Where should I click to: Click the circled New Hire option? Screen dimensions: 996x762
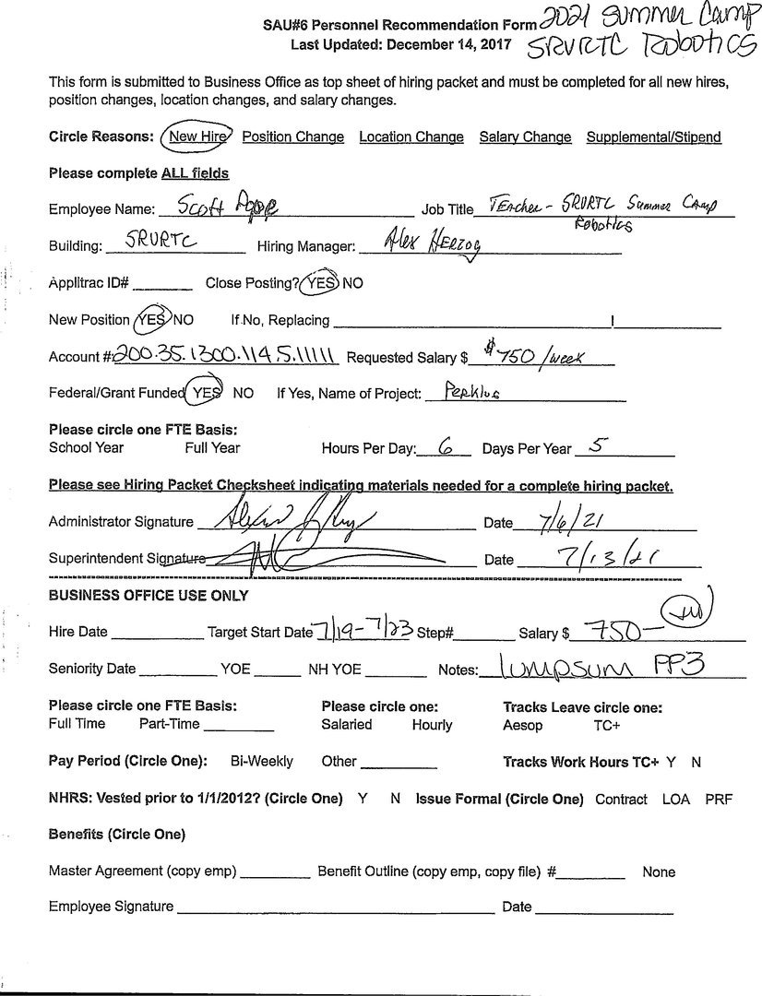196,136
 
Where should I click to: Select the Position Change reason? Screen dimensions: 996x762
292,136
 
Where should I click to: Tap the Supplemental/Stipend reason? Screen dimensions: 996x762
653,136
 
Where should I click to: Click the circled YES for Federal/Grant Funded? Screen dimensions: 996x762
206,393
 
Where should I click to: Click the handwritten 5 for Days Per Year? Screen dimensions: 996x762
595,446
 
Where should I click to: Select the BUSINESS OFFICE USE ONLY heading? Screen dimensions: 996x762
148,596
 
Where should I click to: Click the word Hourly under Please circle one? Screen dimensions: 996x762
432,725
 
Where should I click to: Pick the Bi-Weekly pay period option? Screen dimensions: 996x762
261,761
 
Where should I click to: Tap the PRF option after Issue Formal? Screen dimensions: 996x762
718,799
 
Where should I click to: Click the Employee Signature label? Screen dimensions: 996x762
111,907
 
